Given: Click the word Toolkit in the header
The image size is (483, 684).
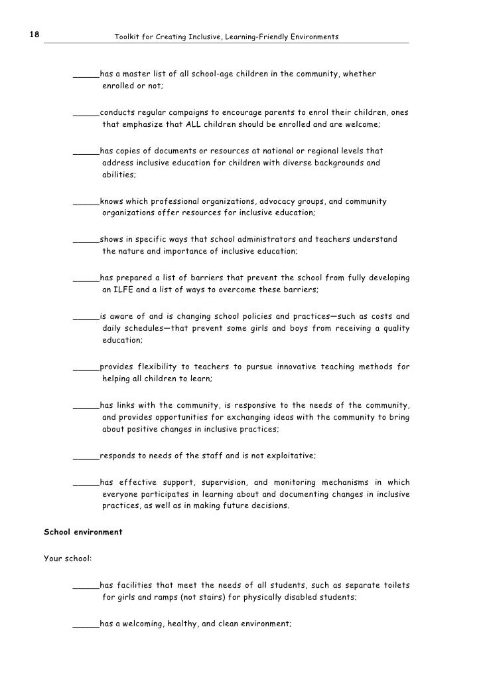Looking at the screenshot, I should pyautogui.click(x=126, y=37).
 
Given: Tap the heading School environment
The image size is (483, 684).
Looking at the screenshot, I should pyautogui.click(x=83, y=532).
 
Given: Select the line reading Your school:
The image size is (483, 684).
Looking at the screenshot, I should pyautogui.click(x=68, y=558).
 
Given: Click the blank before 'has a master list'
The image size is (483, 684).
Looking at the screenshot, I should pyautogui.click(x=86, y=74).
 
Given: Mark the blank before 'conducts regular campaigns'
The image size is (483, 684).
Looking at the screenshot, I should pyautogui.click(x=86, y=112).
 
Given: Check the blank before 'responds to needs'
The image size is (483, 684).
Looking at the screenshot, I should pyautogui.click(x=86, y=456).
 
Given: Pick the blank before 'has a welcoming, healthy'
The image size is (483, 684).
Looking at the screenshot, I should pyautogui.click(x=86, y=624).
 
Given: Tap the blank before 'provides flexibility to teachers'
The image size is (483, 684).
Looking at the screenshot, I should pyautogui.click(x=86, y=367).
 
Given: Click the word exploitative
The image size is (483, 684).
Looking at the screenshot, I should pyautogui.click(x=289, y=456).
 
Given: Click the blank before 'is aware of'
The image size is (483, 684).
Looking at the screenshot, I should pyautogui.click(x=86, y=316).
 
